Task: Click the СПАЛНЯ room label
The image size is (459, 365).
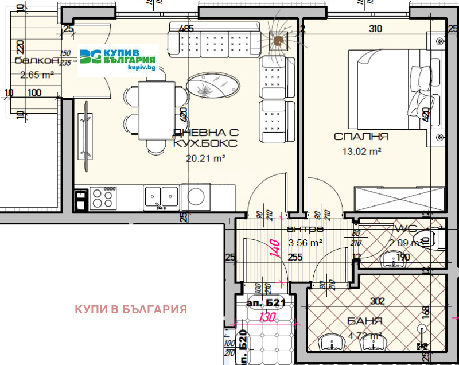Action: click(361, 137)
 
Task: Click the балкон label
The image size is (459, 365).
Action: click(37, 61)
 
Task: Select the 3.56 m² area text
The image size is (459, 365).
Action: click(305, 243)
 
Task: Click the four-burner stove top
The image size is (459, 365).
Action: click(103, 197)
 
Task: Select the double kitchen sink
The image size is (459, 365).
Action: click(161, 196)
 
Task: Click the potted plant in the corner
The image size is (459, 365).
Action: click(279, 40)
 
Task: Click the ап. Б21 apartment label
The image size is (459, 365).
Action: click(266, 302)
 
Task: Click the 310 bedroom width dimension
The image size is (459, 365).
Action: click(376, 29)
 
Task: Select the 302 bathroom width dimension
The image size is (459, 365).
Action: click(377, 300)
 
